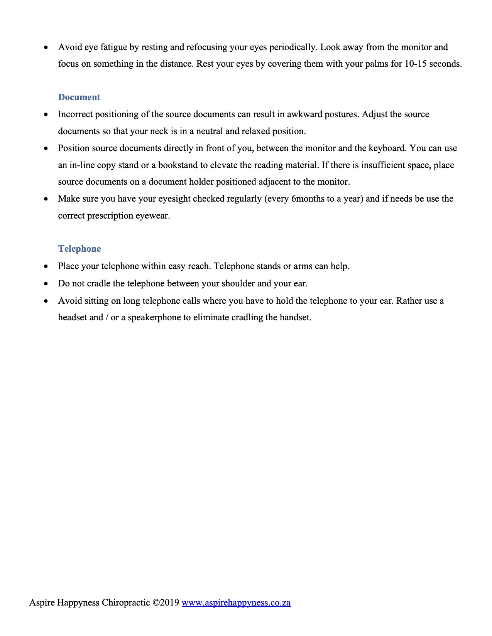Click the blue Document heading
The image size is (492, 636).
79,97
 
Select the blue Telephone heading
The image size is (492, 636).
79,249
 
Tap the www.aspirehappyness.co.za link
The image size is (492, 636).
236,602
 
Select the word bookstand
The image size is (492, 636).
178,165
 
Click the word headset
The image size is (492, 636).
73,317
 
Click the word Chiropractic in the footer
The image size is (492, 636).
126,602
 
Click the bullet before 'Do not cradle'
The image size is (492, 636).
46,284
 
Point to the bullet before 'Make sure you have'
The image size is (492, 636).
46,199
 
